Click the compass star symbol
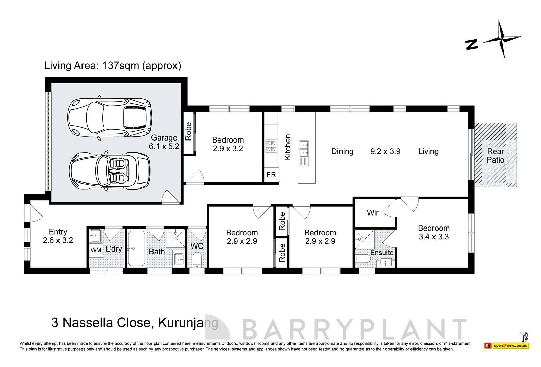click(501, 40)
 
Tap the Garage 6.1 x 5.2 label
click(164, 142)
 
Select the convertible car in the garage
click(110, 172)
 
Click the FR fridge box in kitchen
click(271, 175)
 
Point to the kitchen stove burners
click(271, 146)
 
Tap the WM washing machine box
click(96, 250)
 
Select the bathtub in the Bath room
click(136, 249)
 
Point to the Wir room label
click(373, 213)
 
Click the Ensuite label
click(382, 253)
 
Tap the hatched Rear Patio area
click(496, 155)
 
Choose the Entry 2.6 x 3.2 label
click(58, 236)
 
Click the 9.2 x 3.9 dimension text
click(385, 151)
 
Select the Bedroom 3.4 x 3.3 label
click(433, 232)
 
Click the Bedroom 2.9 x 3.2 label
click(228, 144)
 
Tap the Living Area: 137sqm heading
click(113, 65)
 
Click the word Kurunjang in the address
click(188, 323)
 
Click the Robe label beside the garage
click(189, 131)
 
